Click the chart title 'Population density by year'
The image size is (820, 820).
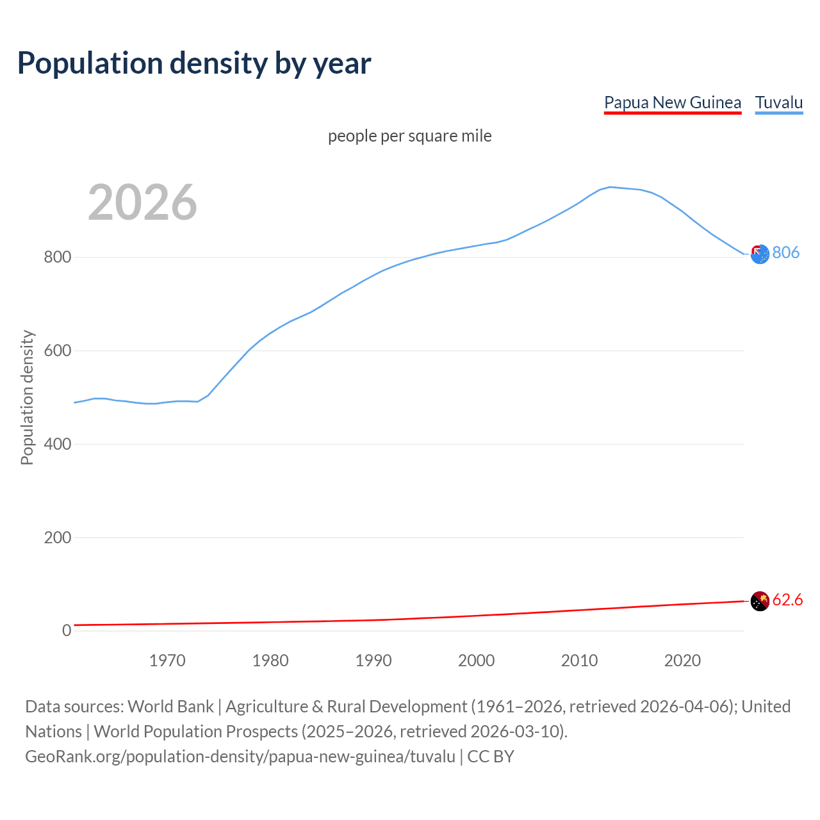pyautogui.click(x=194, y=63)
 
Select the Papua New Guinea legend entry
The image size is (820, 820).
pyautogui.click(x=673, y=102)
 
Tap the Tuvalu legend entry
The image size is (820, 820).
pyautogui.click(x=779, y=102)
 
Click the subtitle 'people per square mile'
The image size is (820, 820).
pyautogui.click(x=410, y=136)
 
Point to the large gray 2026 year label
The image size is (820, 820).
pyautogui.click(x=142, y=202)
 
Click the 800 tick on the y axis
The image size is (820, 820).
pyautogui.click(x=57, y=258)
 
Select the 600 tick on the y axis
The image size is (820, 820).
pyautogui.click(x=57, y=351)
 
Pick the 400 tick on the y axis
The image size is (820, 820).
pyautogui.click(x=57, y=444)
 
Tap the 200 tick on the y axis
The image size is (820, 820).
pyautogui.click(x=57, y=537)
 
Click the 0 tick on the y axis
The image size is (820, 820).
pyautogui.click(x=67, y=630)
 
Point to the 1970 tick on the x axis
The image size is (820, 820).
pyautogui.click(x=167, y=660)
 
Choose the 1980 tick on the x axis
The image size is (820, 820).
pyautogui.click(x=270, y=660)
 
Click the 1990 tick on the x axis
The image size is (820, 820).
pyautogui.click(x=373, y=660)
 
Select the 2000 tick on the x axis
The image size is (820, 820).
pyautogui.click(x=477, y=660)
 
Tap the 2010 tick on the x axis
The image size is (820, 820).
pyautogui.click(x=580, y=660)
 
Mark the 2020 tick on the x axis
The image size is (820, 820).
pyautogui.click(x=683, y=660)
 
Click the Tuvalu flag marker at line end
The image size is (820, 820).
pyautogui.click(x=760, y=254)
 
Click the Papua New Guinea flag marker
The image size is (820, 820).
pyautogui.click(x=760, y=602)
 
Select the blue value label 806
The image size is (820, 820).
pyautogui.click(x=786, y=252)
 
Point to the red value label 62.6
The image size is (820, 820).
pyautogui.click(x=787, y=600)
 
